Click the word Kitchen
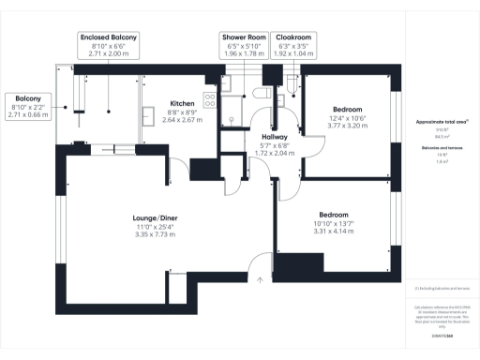181,103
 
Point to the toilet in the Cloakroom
293,86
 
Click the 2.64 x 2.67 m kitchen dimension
181,120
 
